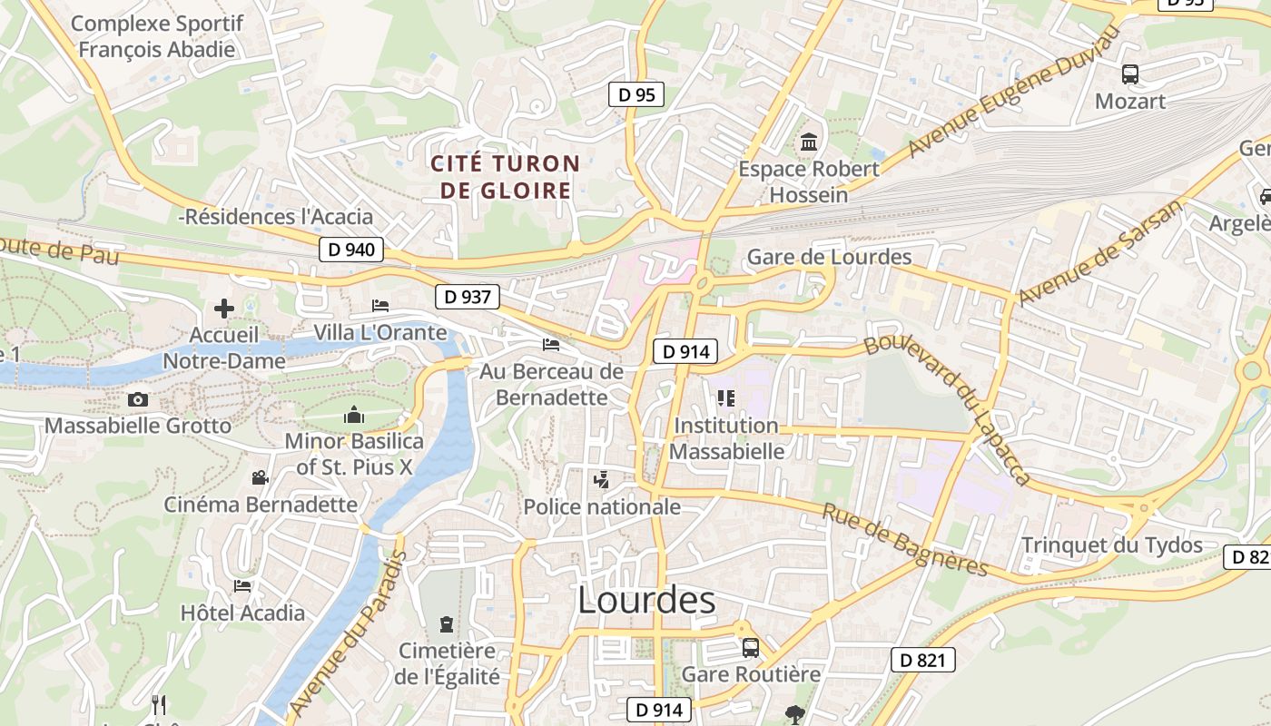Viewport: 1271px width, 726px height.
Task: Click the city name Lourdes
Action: [x=646, y=601]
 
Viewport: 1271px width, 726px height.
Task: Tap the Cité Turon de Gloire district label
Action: [x=505, y=177]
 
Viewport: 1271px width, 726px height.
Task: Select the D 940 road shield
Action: [x=351, y=250]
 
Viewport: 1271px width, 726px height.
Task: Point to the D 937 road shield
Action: [x=468, y=296]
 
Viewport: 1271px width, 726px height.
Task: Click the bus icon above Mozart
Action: [x=1130, y=74]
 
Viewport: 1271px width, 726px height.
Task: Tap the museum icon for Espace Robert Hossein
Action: [x=808, y=142]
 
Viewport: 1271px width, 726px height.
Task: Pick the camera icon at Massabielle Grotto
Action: [x=138, y=399]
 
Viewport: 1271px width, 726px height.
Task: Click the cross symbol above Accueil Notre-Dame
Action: [x=224, y=309]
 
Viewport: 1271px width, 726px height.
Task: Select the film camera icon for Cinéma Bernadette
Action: [x=261, y=477]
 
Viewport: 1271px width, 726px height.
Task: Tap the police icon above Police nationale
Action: [x=601, y=479]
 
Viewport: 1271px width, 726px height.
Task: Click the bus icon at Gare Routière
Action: [x=751, y=648]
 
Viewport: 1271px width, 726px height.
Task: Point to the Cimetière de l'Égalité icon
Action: [x=446, y=624]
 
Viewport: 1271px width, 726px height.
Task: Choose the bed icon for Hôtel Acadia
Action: [x=241, y=586]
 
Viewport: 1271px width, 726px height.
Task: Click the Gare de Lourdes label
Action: [x=829, y=257]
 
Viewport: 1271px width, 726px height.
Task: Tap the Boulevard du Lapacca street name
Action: [x=948, y=408]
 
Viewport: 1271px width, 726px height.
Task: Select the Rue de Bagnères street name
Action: [x=905, y=541]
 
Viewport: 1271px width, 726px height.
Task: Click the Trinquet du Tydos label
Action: [x=1112, y=545]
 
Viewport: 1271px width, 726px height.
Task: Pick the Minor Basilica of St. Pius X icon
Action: [x=354, y=416]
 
